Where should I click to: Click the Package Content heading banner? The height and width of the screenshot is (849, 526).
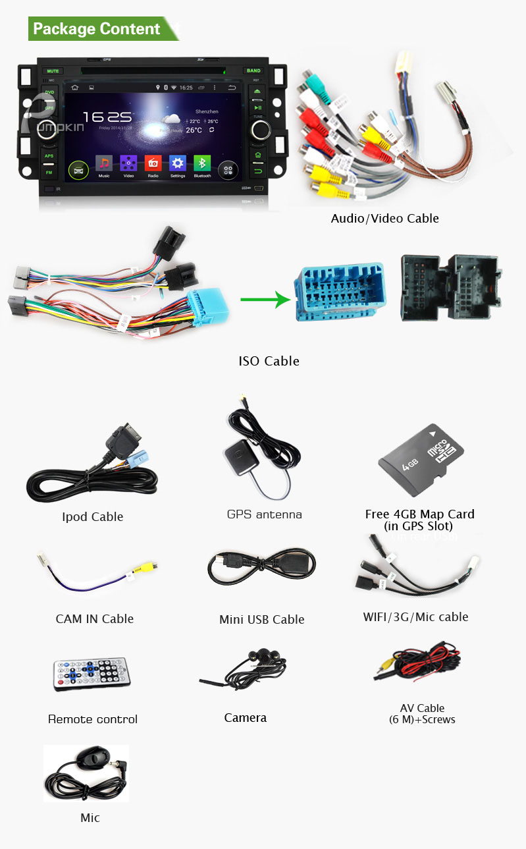click(x=97, y=29)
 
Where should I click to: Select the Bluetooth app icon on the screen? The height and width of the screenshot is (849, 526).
click(x=202, y=164)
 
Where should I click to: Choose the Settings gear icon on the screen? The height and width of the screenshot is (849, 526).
click(x=178, y=164)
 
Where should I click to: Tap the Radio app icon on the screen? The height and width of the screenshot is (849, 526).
click(x=153, y=164)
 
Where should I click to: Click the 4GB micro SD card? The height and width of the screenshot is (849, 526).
click(x=421, y=459)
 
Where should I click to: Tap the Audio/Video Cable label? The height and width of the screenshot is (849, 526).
click(x=384, y=218)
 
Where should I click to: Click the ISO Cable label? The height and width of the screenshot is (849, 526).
click(x=269, y=361)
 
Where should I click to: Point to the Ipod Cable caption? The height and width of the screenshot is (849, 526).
click(x=92, y=516)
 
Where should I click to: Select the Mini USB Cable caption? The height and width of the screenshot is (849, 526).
click(x=261, y=619)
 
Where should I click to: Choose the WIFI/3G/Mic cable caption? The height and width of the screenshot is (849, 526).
click(x=415, y=616)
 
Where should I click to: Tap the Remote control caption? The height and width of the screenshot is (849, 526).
click(x=93, y=719)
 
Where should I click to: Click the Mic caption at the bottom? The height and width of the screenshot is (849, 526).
click(x=90, y=817)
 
